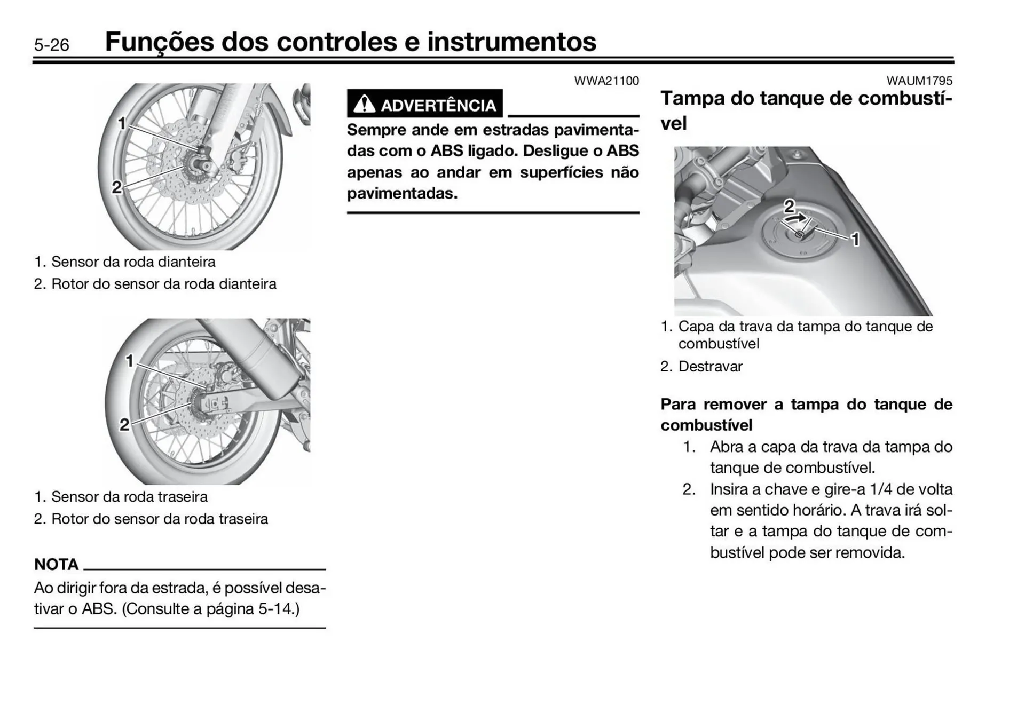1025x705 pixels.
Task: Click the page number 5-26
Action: pyautogui.click(x=51, y=45)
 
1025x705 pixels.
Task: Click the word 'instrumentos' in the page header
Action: pyautogui.click(x=511, y=42)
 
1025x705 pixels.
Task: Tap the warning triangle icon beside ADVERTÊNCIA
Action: pyautogui.click(x=364, y=104)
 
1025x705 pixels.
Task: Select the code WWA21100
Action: pyautogui.click(x=606, y=81)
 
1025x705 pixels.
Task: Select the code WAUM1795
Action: pyautogui.click(x=919, y=81)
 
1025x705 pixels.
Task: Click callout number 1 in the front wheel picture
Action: pyautogui.click(x=122, y=123)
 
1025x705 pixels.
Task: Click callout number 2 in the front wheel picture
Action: pyautogui.click(x=117, y=187)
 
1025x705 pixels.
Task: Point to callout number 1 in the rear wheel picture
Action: pyautogui.click(x=129, y=361)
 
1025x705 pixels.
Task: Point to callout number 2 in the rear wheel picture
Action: pyautogui.click(x=124, y=425)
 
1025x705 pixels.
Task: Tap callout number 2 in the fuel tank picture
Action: pyautogui.click(x=789, y=205)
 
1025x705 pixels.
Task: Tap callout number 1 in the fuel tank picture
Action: pyautogui.click(x=855, y=240)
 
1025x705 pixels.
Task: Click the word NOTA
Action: pyautogui.click(x=56, y=564)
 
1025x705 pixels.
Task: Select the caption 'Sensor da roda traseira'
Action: pyautogui.click(x=129, y=497)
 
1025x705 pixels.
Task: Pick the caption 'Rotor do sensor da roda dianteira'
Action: pyautogui.click(x=163, y=284)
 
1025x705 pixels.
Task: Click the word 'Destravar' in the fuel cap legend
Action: pyautogui.click(x=710, y=367)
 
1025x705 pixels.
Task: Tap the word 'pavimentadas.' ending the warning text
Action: pyautogui.click(x=402, y=193)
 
